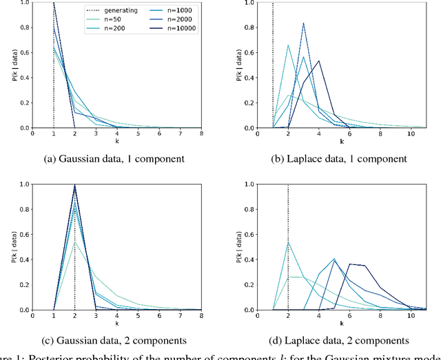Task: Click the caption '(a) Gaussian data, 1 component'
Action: (x=114, y=158)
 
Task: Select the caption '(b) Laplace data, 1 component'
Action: (x=340, y=158)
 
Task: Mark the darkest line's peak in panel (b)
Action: (x=319, y=61)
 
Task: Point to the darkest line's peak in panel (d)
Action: (x=350, y=264)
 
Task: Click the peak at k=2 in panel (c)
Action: (x=74, y=185)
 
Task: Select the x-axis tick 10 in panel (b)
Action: (x=411, y=135)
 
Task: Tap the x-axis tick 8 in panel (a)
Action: (x=201, y=135)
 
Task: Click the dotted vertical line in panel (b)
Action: (x=273, y=69)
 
